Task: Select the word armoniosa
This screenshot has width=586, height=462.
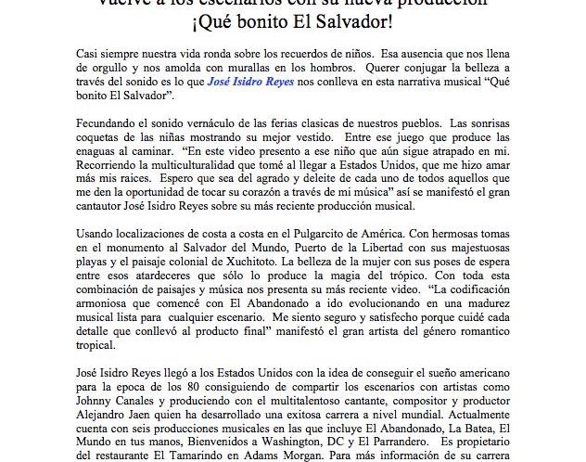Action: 106,316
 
